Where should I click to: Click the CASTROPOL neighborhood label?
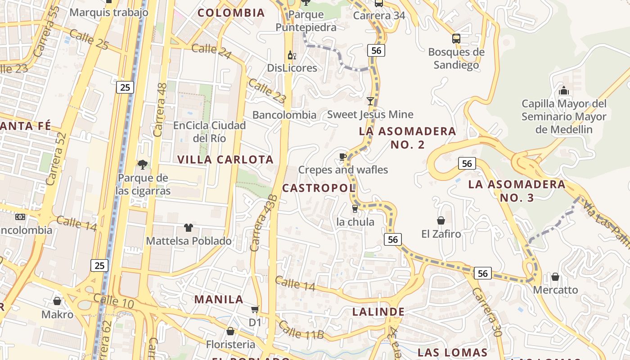(319, 188)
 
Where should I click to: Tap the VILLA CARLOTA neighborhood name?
(225, 160)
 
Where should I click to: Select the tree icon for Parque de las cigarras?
(143, 165)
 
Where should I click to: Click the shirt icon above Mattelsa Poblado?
(188, 228)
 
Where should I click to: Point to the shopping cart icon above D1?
(255, 310)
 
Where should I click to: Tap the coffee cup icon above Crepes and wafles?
(343, 157)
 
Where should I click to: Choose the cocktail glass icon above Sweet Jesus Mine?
(370, 101)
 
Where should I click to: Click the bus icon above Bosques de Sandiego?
(456, 39)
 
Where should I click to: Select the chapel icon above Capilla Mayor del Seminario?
(563, 90)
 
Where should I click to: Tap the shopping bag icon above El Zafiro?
(441, 220)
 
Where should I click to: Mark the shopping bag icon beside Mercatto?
(555, 276)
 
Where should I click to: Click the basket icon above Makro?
(57, 301)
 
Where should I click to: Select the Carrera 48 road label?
(160, 109)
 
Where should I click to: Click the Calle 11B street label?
(301, 329)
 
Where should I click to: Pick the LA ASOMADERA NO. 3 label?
(517, 191)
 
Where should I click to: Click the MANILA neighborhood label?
(219, 299)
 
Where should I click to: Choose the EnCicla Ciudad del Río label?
(210, 131)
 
